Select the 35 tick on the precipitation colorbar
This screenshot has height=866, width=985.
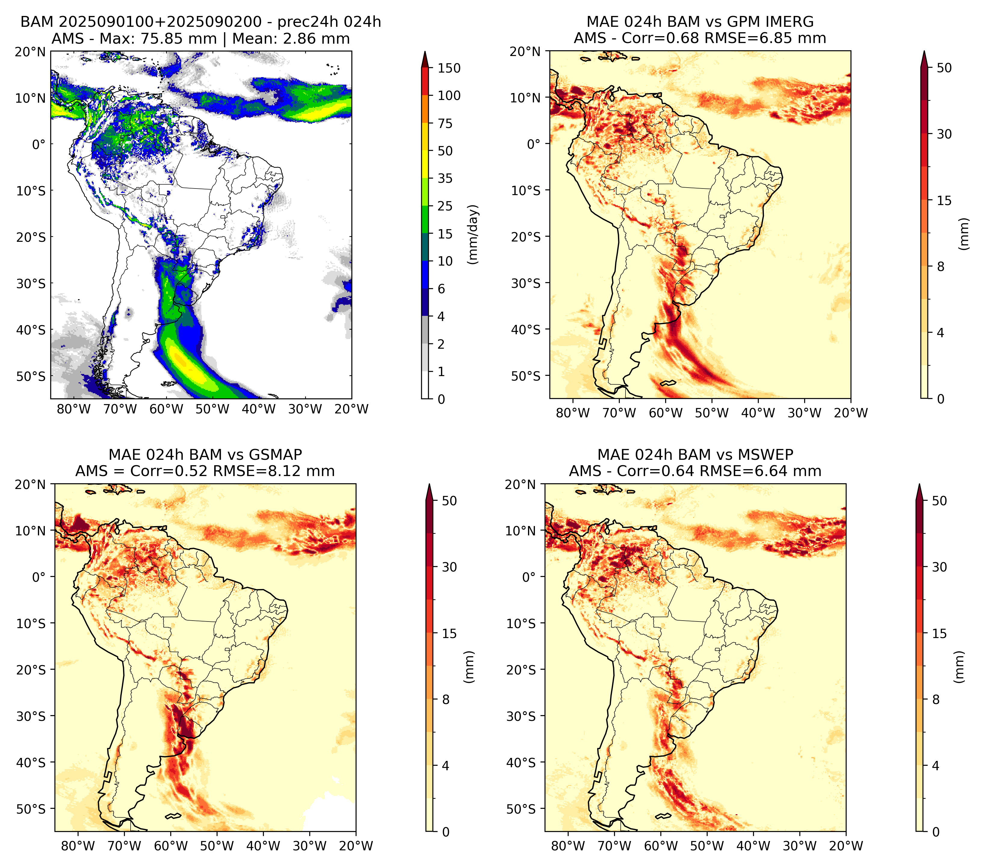point(445,178)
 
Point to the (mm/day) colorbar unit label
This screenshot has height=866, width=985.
point(474,234)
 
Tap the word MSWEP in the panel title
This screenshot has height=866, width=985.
point(766,455)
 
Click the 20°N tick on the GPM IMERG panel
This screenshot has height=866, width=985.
point(525,51)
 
